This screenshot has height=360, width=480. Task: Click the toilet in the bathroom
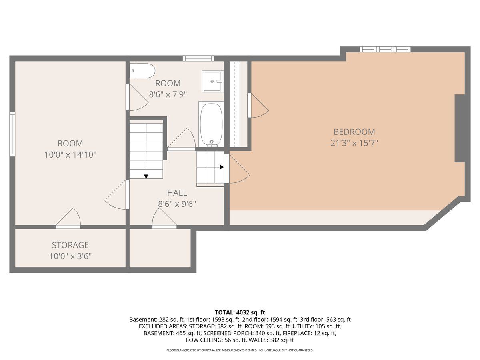point(142,71)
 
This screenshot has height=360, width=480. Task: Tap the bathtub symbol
point(211,124)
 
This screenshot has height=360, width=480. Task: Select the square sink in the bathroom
point(212,81)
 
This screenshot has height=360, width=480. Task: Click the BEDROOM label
point(354,132)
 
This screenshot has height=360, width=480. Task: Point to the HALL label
point(177,193)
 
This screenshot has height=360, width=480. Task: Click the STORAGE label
point(70,245)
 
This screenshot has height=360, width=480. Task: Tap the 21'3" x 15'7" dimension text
point(354,143)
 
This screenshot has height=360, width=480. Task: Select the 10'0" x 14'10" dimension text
point(70,155)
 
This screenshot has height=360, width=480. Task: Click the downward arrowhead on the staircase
point(146,176)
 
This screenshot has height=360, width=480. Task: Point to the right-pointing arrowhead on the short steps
point(222,167)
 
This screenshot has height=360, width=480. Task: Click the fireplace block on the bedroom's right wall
point(460,128)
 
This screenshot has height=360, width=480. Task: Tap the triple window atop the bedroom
point(385,49)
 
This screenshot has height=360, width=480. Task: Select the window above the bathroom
point(198,58)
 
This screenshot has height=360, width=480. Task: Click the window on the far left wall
point(12,134)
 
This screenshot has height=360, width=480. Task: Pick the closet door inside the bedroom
point(258,106)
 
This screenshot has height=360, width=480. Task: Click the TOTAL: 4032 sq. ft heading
point(240,312)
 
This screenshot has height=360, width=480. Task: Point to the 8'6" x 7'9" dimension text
point(168,95)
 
